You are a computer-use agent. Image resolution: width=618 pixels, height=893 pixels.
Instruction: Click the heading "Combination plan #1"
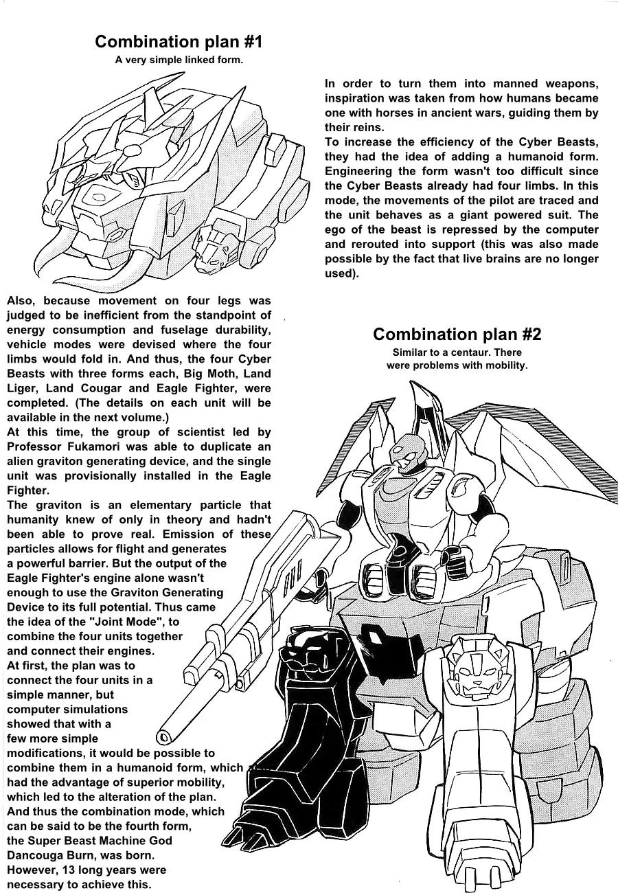tap(179, 42)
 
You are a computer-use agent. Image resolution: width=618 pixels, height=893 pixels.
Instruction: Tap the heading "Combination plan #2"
tap(457, 335)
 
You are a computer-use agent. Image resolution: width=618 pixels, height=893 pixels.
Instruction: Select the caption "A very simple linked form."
tap(179, 60)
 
